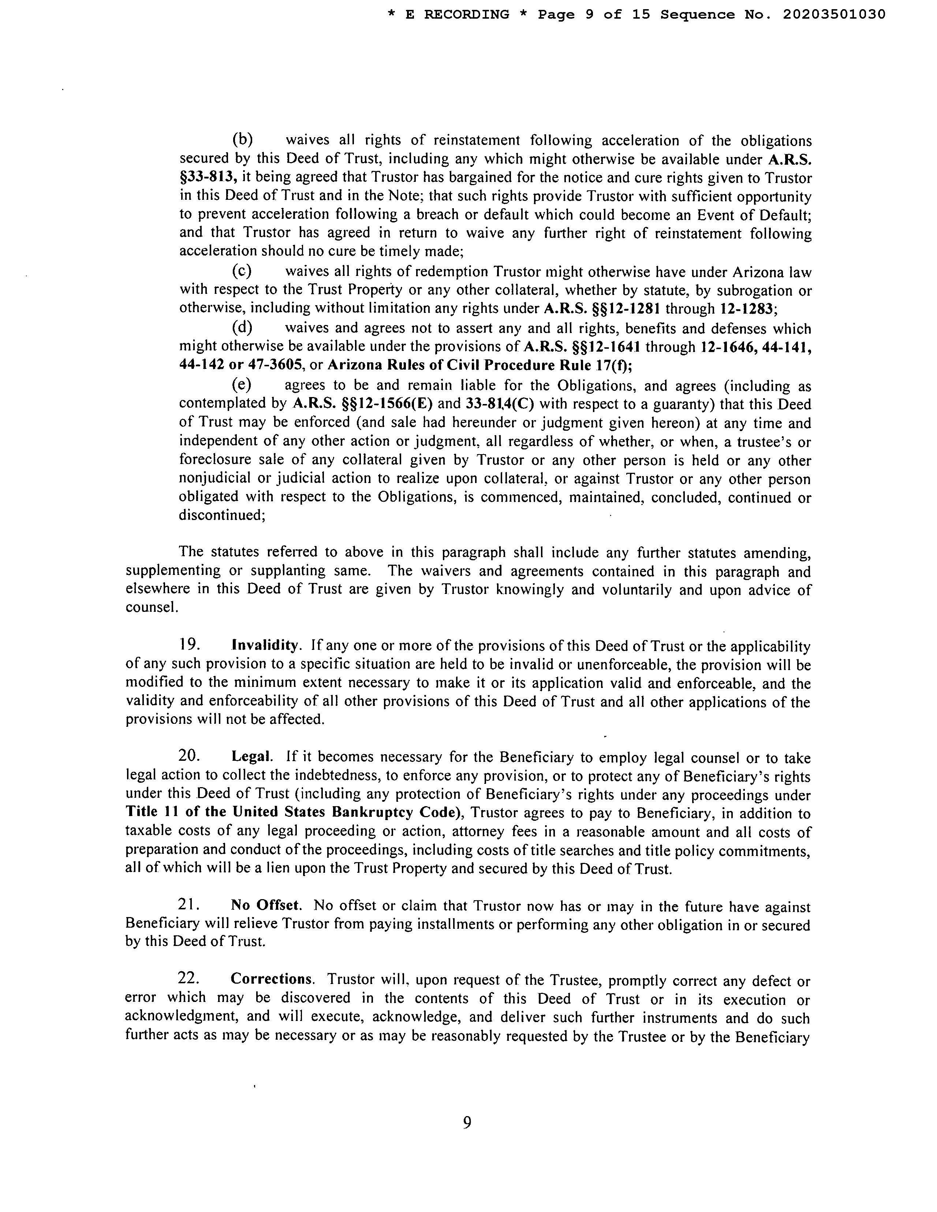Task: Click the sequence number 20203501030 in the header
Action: (834, 14)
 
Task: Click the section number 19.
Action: (189, 646)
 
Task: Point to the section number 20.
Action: (189, 756)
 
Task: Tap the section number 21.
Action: (189, 905)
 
